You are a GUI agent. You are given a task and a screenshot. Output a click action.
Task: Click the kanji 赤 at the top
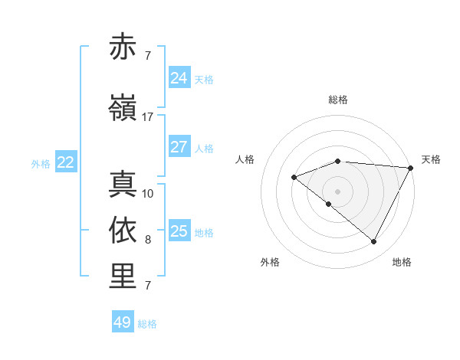click(x=123, y=47)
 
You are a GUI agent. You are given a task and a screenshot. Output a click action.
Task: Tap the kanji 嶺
click(x=123, y=109)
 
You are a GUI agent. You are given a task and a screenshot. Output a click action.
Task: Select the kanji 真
click(x=123, y=185)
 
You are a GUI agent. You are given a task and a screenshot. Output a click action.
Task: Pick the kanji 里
click(x=123, y=277)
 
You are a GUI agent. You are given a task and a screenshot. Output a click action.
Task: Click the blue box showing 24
click(x=179, y=77)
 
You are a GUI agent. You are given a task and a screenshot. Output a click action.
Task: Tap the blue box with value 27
click(x=179, y=147)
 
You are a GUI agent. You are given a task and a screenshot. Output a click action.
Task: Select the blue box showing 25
click(x=179, y=231)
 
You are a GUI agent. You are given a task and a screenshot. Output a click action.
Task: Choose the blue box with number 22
click(x=66, y=162)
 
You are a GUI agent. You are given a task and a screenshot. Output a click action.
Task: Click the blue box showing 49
click(x=123, y=322)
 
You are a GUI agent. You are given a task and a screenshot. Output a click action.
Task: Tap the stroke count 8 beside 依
click(x=147, y=240)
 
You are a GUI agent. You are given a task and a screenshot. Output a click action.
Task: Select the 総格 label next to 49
click(x=147, y=324)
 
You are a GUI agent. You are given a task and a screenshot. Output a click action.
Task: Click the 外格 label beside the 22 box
click(x=41, y=163)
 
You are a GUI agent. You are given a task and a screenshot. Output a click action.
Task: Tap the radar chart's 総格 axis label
click(x=337, y=100)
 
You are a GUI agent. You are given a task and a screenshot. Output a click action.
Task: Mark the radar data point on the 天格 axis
click(x=411, y=168)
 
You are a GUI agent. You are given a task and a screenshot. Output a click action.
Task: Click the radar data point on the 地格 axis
click(x=374, y=242)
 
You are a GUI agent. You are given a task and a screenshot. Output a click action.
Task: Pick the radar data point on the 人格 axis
click(x=294, y=177)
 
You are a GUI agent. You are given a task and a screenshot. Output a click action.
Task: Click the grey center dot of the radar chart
click(x=337, y=191)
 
